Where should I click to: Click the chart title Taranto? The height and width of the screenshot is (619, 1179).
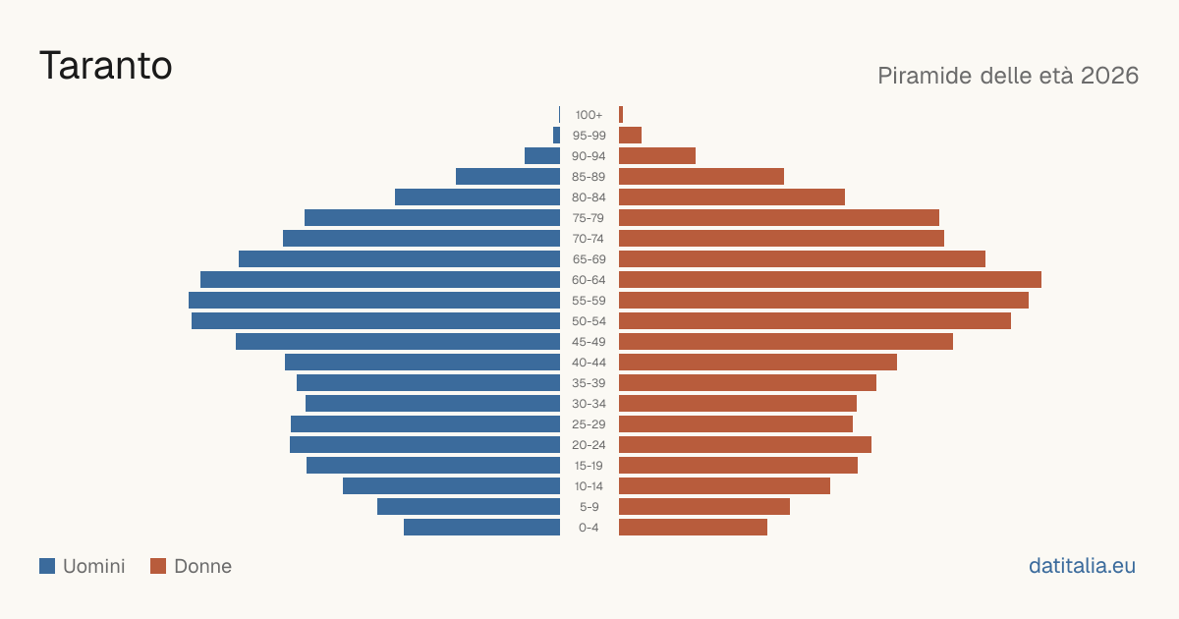(106, 66)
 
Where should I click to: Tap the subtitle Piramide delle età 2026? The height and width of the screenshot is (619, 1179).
(1008, 76)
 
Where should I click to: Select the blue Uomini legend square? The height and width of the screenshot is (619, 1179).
(47, 566)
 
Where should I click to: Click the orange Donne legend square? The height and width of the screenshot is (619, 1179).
(158, 566)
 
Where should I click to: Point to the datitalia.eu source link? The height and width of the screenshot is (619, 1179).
(1082, 566)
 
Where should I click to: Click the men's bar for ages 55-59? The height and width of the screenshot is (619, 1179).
(374, 300)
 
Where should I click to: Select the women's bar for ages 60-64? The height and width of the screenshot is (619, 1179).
(830, 279)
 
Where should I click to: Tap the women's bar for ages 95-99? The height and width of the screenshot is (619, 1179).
(630, 136)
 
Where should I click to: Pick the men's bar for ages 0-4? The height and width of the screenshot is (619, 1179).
(481, 527)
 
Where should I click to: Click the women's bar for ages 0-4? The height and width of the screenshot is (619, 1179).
(694, 527)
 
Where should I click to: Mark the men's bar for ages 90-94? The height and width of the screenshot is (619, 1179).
(542, 156)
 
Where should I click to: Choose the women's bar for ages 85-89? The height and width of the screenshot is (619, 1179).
(702, 176)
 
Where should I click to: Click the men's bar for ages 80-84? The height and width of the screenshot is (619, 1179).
(477, 197)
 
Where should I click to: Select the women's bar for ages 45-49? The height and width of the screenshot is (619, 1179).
(786, 342)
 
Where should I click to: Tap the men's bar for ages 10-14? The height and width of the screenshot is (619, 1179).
(452, 485)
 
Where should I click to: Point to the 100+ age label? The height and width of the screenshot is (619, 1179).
(589, 115)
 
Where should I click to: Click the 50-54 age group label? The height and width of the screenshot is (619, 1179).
(589, 321)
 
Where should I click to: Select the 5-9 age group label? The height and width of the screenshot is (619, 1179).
(589, 507)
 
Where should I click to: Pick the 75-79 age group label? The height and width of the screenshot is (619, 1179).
(589, 218)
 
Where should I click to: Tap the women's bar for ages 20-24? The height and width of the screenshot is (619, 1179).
(746, 445)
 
